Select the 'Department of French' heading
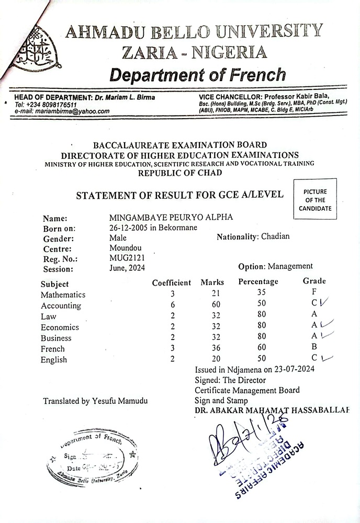coord(197,74)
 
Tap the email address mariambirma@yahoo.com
coord(62,111)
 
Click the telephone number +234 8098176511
coord(47,104)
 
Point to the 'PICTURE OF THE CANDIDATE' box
coord(315,200)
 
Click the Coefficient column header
coord(172,283)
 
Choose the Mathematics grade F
coord(314,292)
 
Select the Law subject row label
coord(49,316)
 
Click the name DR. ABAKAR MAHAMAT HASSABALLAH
coord(272,411)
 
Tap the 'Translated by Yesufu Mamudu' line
coord(95,401)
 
